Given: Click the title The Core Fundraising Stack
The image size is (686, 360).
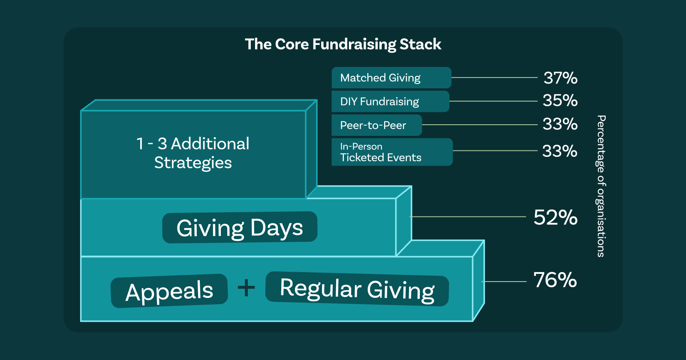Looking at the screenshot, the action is coord(343,45).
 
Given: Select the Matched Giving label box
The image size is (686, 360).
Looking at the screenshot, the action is coord(391,78).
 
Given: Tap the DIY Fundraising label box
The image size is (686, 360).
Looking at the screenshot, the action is coord(391,101).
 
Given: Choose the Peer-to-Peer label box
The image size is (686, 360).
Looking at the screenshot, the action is coord(377,125).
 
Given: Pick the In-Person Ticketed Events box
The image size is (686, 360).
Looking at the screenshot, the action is coord(392,152).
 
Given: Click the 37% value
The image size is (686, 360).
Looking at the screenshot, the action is coord(560,78).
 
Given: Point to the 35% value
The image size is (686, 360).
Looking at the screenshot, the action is coord(560,101).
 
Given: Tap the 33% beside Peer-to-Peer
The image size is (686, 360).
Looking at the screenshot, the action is coord(560,124).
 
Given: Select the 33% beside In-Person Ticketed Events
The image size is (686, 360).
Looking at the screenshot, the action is coord(560,151).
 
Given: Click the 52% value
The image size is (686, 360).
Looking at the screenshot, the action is coord(556,218).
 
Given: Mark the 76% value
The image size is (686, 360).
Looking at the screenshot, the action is coord(555,280).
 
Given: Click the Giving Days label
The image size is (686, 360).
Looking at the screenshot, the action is coord(240,228).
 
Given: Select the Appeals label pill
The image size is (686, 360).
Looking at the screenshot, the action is coord(169,291).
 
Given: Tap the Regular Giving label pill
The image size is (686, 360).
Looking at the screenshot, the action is coord(357,289).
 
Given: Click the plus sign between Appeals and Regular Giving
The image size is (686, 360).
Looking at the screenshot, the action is coord(246,288).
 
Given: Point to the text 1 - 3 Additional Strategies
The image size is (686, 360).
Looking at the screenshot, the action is coord(193,153).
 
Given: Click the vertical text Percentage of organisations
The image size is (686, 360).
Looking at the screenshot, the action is coord(601,186).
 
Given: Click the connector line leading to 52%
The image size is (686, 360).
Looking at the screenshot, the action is coord(468,217).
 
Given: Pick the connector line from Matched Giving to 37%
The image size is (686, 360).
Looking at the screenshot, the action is coord(494,78).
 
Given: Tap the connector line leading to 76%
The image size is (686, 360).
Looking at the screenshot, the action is coord(504,282).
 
